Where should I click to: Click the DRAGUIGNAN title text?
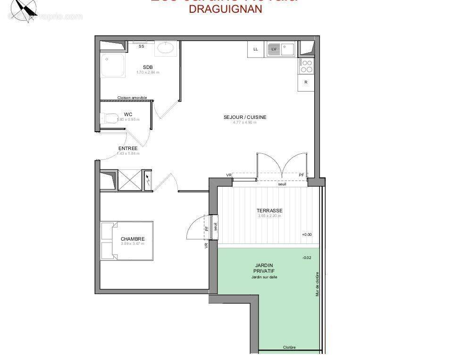click(x=225, y=9)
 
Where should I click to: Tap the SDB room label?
click(x=148, y=67)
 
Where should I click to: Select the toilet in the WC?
click(x=109, y=117)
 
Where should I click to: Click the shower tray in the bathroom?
click(x=113, y=65)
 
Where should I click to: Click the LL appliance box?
click(x=256, y=49)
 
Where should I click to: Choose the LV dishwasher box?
click(x=274, y=49)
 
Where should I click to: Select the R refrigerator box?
click(x=306, y=82)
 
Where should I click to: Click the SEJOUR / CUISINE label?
click(x=245, y=117)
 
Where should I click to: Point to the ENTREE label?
click(x=128, y=148)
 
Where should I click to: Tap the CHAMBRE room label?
click(x=133, y=239)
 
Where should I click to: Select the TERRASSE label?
click(x=269, y=210)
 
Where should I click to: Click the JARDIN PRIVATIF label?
click(x=264, y=268)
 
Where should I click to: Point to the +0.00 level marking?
click(x=307, y=234)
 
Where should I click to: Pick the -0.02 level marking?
click(x=307, y=258)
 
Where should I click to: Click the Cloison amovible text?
click(x=132, y=98)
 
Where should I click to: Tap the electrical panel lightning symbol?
click(x=147, y=179)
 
